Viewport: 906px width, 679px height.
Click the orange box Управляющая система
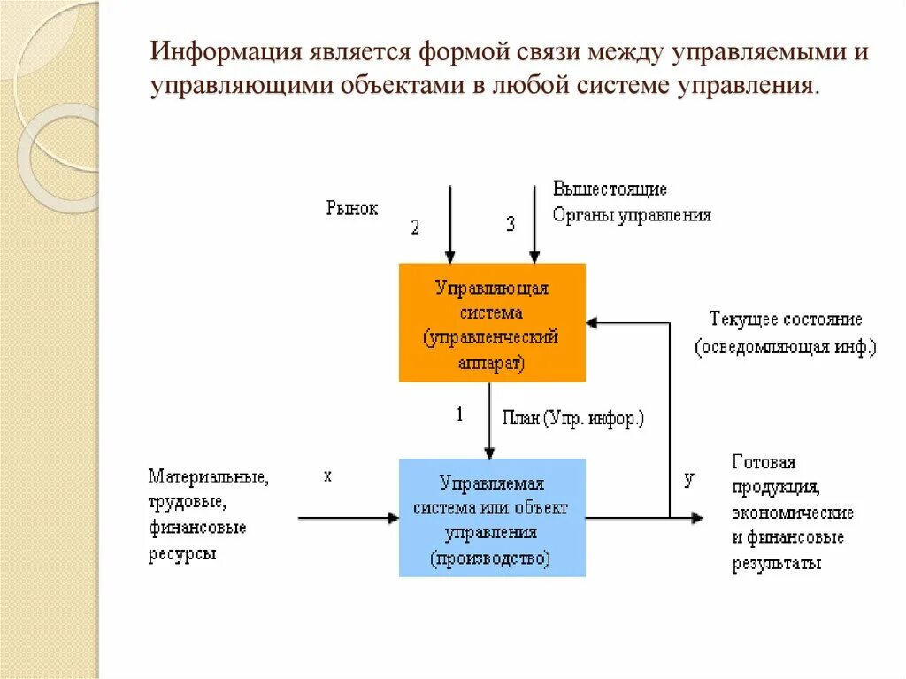[x=492, y=322]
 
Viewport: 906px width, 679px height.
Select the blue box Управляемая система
[x=492, y=518]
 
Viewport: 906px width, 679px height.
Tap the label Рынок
[x=351, y=209]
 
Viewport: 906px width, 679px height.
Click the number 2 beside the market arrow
[x=415, y=228]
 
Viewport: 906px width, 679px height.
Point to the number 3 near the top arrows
[x=511, y=224]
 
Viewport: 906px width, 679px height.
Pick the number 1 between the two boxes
[x=459, y=414]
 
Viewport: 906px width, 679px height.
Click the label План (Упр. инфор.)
[x=572, y=418]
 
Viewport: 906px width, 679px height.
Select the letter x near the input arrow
[x=327, y=476]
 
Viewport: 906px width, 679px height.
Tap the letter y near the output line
[x=689, y=480]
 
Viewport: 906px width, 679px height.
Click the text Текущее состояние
[x=786, y=320]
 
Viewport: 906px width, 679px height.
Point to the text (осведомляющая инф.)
[x=786, y=347]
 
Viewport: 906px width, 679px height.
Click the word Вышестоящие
[x=610, y=189]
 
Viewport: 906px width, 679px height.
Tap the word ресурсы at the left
[x=182, y=554]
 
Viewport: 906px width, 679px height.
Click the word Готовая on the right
[x=764, y=462]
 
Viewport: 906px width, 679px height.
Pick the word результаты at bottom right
[x=776, y=564]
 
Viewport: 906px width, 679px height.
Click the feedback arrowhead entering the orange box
[x=592, y=324]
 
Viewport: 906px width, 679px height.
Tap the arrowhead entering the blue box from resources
[x=393, y=518]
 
